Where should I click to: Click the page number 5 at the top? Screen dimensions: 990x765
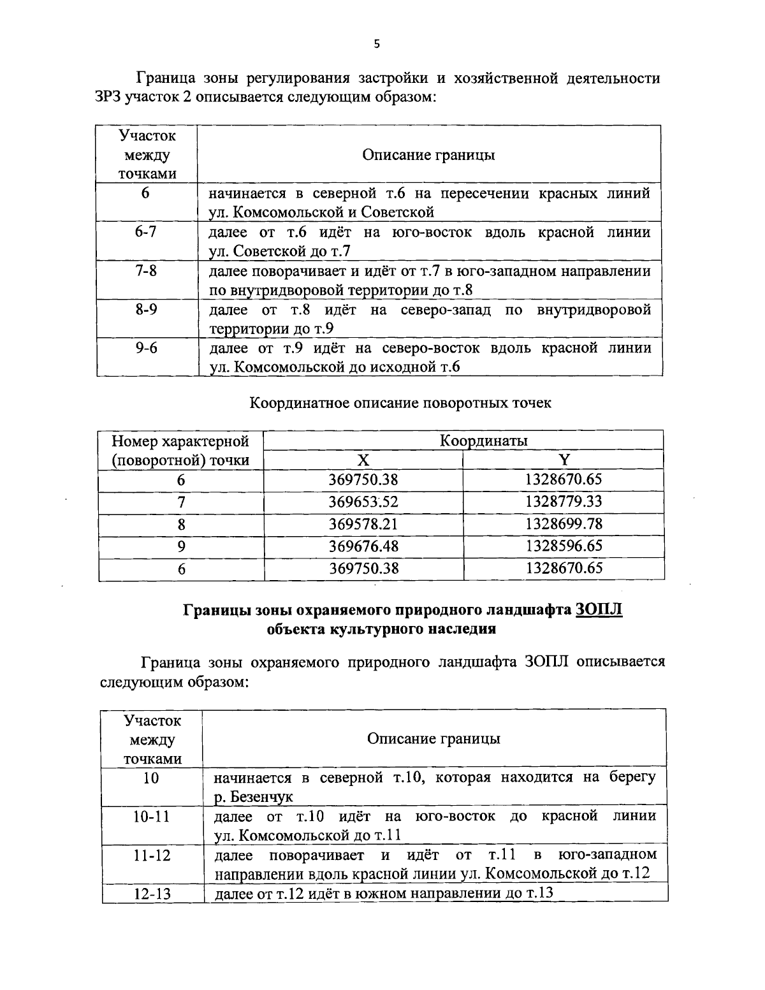point(376,44)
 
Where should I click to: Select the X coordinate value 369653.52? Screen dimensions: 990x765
point(363,502)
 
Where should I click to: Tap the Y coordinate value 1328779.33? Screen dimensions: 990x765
point(564,502)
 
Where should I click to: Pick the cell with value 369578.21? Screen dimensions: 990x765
point(363,524)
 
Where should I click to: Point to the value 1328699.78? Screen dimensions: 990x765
point(564,524)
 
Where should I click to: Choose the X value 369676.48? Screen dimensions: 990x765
point(363,546)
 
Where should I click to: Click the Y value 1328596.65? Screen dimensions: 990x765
point(564,546)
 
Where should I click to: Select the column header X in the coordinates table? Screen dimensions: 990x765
point(363,460)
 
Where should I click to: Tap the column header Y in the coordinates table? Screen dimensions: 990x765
point(564,460)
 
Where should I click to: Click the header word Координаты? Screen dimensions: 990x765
point(483,440)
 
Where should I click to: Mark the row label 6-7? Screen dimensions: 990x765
point(146,232)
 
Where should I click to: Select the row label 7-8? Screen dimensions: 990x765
point(146,271)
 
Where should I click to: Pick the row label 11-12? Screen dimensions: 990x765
point(152,855)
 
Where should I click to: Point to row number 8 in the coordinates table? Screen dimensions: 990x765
point(182,525)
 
